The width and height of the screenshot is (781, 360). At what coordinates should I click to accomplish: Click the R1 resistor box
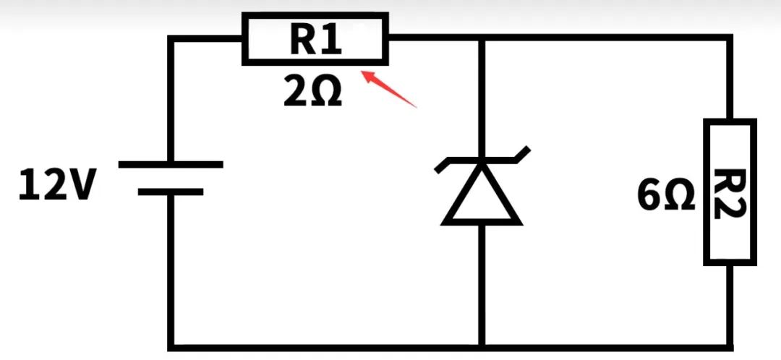(x=315, y=38)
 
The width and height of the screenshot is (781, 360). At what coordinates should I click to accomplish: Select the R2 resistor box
(x=730, y=192)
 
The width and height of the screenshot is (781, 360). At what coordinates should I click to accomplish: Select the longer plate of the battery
(x=171, y=165)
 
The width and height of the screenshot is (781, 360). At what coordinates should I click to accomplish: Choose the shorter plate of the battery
(x=171, y=192)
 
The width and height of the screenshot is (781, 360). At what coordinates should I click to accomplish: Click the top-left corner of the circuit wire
(x=171, y=38)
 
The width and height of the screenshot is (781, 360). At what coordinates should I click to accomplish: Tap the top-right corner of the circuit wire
(x=730, y=38)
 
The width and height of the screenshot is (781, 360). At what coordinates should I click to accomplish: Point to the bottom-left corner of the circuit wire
(x=171, y=346)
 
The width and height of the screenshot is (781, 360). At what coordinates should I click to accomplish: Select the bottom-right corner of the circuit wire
(x=730, y=346)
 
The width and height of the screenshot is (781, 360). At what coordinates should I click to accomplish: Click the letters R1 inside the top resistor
(x=315, y=40)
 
